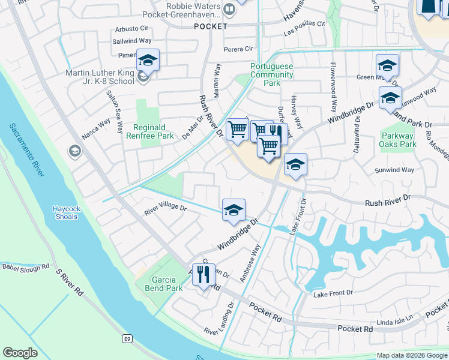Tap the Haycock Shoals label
click(64, 212)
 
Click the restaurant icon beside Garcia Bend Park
click(203, 275)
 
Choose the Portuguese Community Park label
click(272, 74)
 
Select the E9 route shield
click(127, 339)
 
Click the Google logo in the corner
click(20, 353)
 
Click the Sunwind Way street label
click(394, 170)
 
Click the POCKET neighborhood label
click(211, 26)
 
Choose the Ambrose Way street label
click(250, 263)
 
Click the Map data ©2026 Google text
click(412, 355)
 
